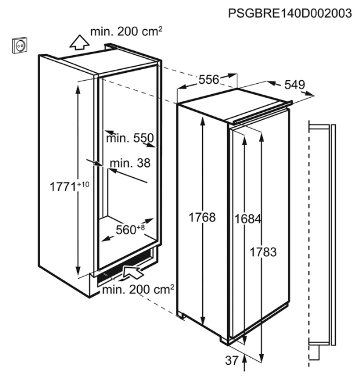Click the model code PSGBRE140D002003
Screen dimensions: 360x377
[x=290, y=13]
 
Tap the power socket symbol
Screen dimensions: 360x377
[x=19, y=45]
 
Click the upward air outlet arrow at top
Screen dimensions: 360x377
[x=80, y=42]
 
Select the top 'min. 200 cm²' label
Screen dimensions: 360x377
[x=126, y=32]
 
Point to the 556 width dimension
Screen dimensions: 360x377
[x=209, y=80]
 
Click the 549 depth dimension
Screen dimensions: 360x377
[x=294, y=84]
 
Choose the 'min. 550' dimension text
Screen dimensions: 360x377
[x=130, y=138]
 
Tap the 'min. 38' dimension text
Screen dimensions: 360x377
[x=130, y=163]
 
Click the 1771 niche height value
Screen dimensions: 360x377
[x=63, y=186]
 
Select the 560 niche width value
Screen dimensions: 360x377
[x=126, y=230]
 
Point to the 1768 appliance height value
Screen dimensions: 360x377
[x=202, y=217]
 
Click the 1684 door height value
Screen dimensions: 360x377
[x=248, y=219]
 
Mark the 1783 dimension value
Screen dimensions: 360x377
[x=263, y=252]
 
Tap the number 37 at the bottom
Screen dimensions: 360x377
[x=232, y=361]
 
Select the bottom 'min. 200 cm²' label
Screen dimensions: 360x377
[x=138, y=290]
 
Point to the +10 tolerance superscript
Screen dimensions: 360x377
[x=83, y=185]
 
